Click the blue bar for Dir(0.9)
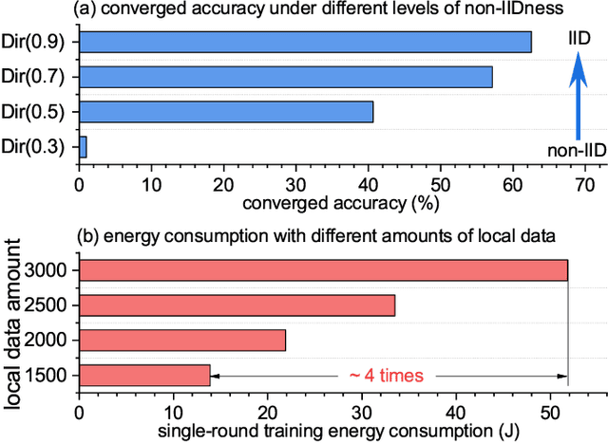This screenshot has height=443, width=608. [x=304, y=42]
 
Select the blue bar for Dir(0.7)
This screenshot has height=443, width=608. [x=285, y=77]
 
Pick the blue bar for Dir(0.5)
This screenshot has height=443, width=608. [x=225, y=112]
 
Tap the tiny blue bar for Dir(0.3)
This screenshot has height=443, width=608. [x=83, y=147]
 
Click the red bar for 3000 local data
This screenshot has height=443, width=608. [x=323, y=270]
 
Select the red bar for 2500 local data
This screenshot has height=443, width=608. [x=237, y=305]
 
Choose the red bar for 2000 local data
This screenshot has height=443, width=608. [x=181, y=340]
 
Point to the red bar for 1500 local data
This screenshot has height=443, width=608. [x=144, y=375]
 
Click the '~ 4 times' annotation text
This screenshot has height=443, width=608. [x=385, y=376]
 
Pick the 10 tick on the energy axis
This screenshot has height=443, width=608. [x=173, y=411]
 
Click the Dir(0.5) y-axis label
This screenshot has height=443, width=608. [x=38, y=112]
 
